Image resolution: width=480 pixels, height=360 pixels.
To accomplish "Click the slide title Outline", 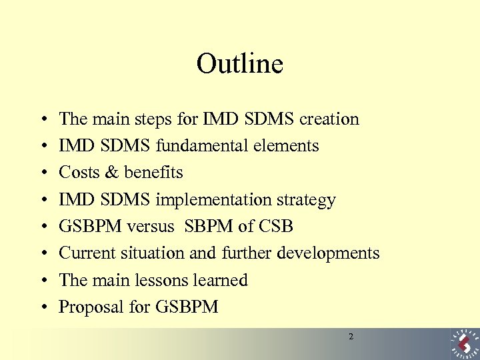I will pos(240,64).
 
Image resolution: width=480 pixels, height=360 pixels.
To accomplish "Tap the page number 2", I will pos(351,337).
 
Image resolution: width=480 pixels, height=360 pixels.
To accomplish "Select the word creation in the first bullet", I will pos(329,119).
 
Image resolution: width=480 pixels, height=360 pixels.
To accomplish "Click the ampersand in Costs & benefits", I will pos(111,173).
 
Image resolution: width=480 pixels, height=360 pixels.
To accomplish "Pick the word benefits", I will pos(153,173).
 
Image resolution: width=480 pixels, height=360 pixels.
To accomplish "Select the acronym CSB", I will pos(276,227).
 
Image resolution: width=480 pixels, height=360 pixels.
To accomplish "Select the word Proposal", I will pos(90,307).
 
